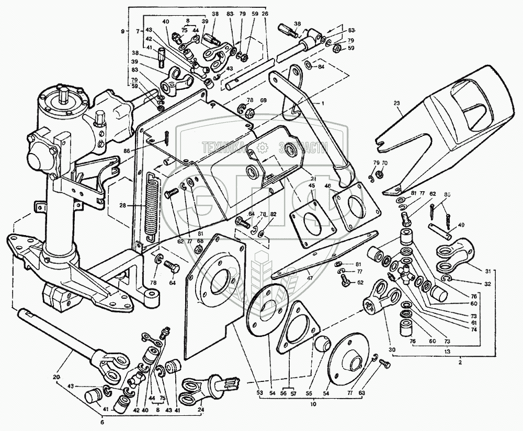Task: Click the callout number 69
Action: coord(264,100)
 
